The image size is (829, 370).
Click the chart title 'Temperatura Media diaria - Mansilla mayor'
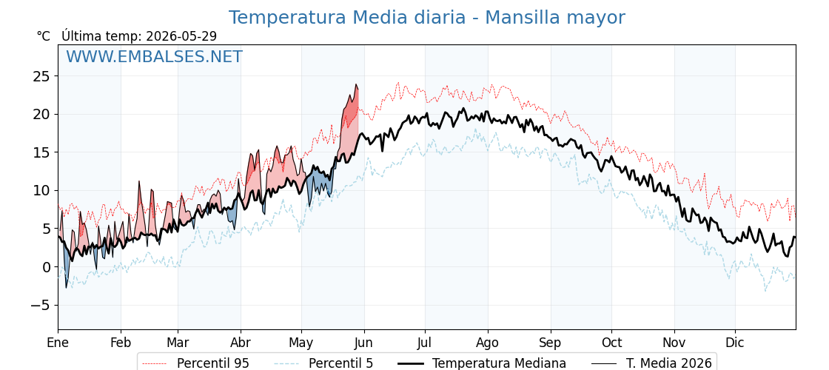(426, 18)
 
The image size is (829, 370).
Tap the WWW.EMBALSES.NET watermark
(155, 56)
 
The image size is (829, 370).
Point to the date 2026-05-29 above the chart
(181, 36)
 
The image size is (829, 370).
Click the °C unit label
(44, 36)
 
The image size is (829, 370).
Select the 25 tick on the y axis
(42, 76)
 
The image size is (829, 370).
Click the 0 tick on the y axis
(46, 267)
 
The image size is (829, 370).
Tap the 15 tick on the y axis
(42, 152)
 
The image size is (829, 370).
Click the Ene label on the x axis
(58, 343)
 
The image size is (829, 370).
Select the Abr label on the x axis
(241, 343)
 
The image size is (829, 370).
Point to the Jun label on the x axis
(363, 343)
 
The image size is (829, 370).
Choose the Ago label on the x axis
(488, 343)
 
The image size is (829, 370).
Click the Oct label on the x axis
(611, 343)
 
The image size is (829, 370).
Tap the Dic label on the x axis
(735, 343)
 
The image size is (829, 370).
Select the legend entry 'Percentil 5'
(324, 363)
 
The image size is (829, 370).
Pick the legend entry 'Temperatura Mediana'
(480, 363)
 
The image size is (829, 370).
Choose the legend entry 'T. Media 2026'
(651, 363)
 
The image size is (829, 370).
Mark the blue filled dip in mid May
(320, 181)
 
